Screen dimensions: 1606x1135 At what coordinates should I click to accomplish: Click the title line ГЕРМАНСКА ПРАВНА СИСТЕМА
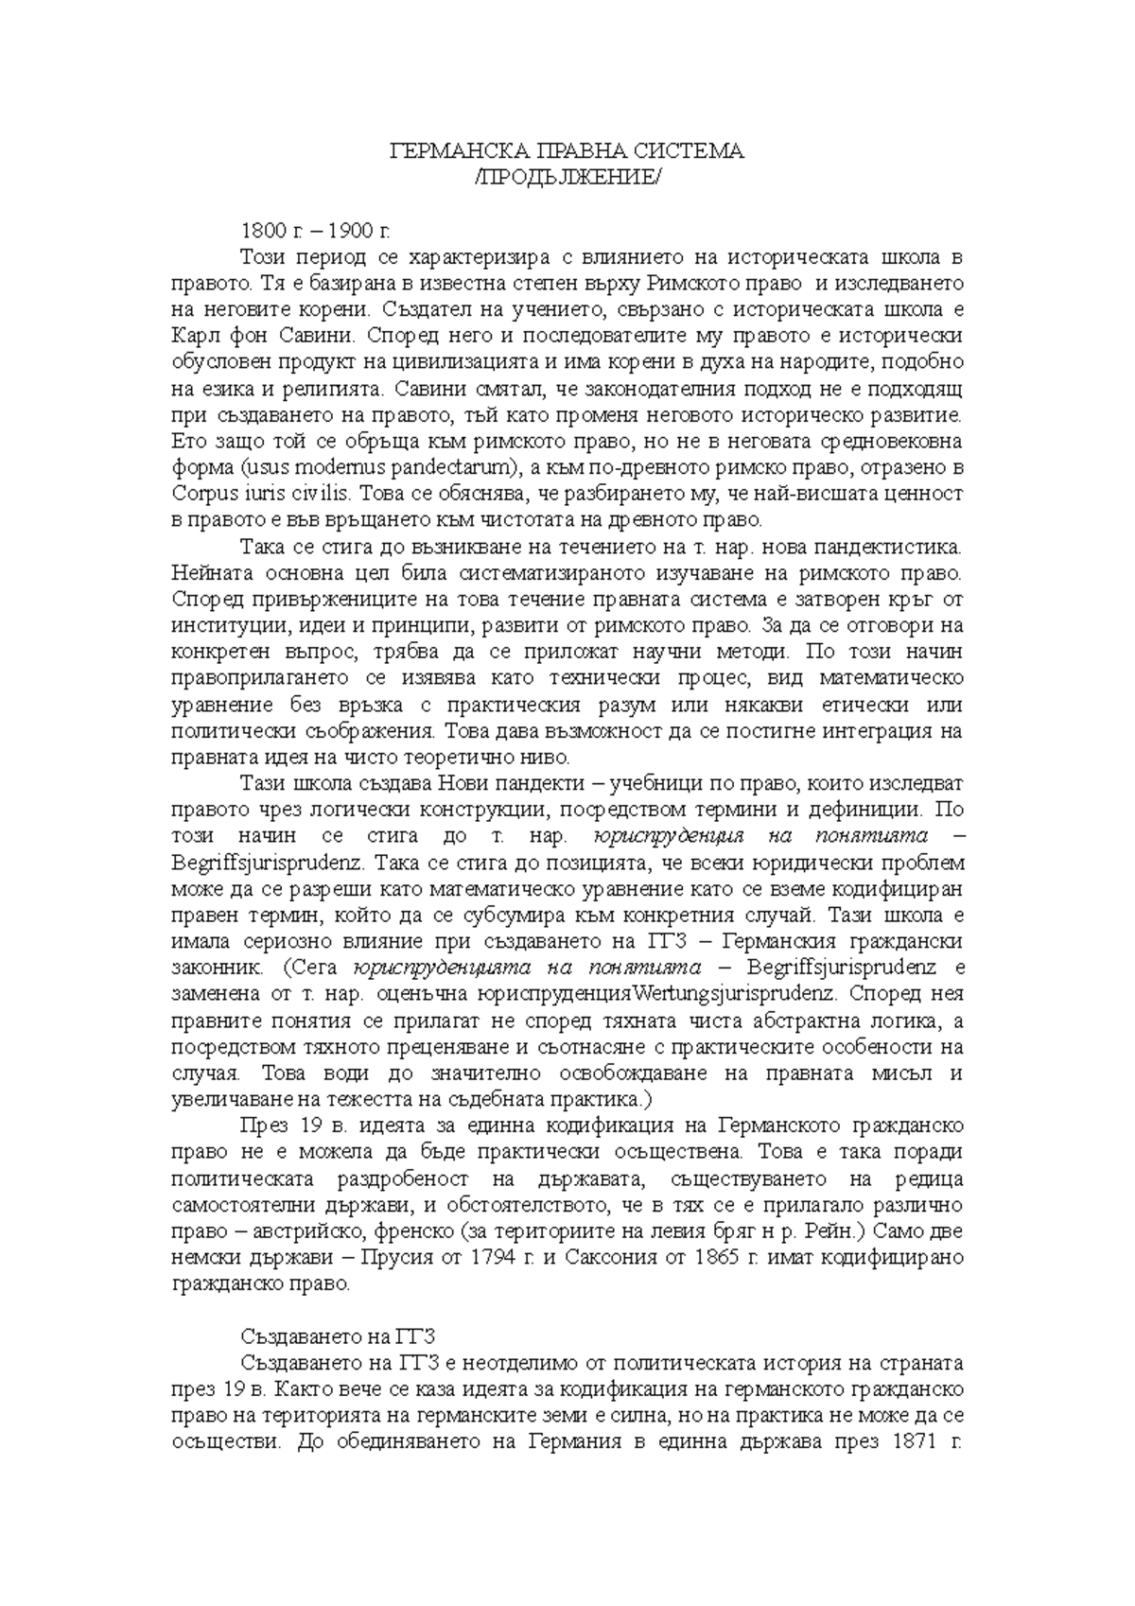pyautogui.click(x=567, y=151)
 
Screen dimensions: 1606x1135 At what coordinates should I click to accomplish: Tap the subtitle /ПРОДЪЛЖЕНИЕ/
pyautogui.click(x=567, y=178)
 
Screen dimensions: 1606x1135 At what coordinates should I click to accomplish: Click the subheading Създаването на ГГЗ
pyautogui.click(x=336, y=1337)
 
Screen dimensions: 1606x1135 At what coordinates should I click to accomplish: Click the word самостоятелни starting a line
pyautogui.click(x=236, y=1206)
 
